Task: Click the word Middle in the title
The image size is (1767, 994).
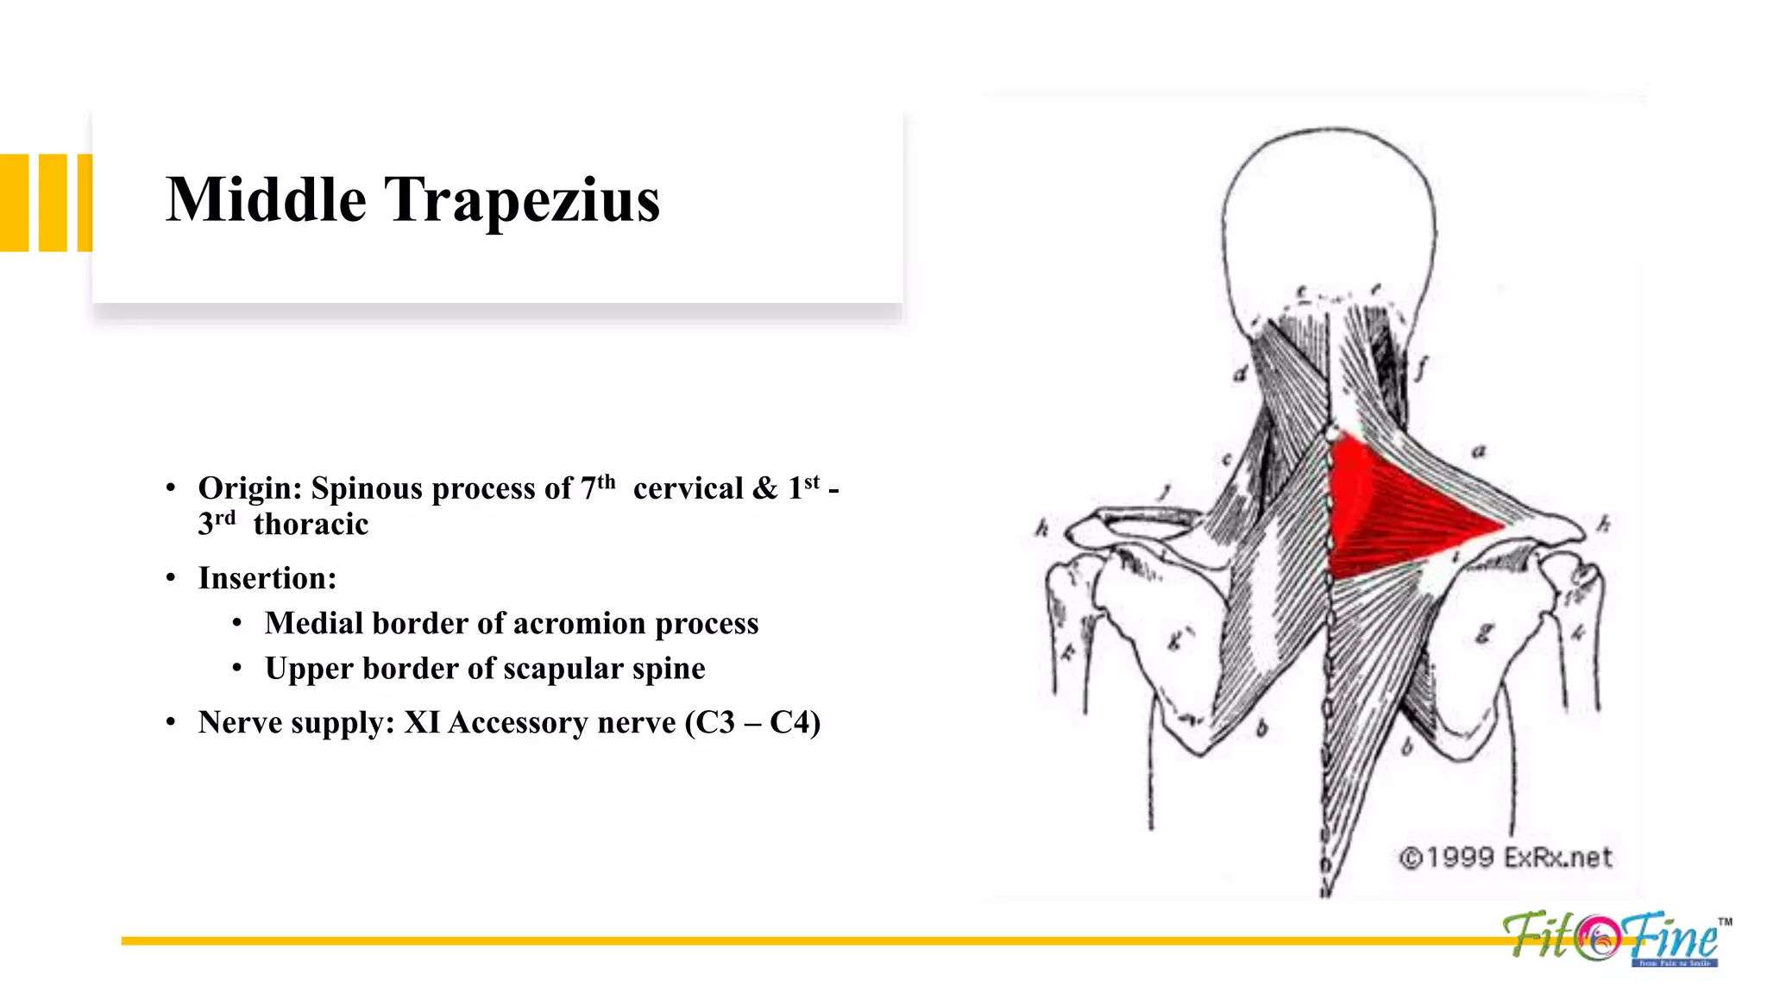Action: click(x=266, y=200)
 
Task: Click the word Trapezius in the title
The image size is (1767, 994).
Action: click(x=521, y=202)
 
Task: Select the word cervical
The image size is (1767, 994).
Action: click(x=688, y=488)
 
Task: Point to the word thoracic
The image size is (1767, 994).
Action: click(x=311, y=524)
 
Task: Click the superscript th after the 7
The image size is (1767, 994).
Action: click(x=607, y=481)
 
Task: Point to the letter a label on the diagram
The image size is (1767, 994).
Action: click(x=1479, y=451)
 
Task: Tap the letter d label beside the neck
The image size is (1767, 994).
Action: click(x=1240, y=374)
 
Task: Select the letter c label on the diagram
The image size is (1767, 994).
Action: click(x=1226, y=460)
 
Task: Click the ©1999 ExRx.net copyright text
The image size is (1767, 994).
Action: click(x=1505, y=858)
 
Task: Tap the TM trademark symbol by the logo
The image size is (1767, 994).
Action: click(x=1724, y=922)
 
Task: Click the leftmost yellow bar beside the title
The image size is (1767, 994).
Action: click(x=14, y=203)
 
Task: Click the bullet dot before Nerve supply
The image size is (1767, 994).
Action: click(x=171, y=722)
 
